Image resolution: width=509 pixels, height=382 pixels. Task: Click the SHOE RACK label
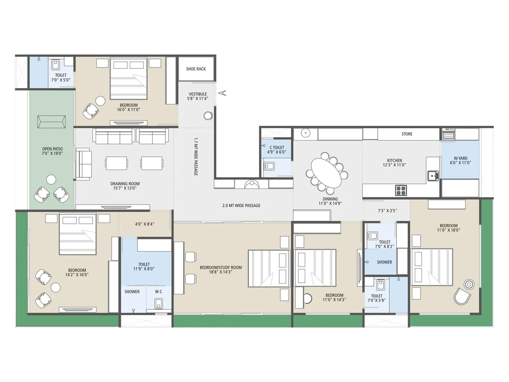point(196,69)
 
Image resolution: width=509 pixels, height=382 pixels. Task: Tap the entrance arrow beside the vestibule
point(222,93)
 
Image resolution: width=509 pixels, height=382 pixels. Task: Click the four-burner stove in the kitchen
point(401,190)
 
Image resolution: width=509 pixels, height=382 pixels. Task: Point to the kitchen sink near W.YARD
point(433,175)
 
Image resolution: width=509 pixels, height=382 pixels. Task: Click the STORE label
point(407,134)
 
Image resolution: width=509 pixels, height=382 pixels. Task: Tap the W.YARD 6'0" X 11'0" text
point(460,160)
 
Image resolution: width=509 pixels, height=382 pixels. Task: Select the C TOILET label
point(277,150)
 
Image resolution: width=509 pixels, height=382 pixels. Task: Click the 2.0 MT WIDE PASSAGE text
point(241,206)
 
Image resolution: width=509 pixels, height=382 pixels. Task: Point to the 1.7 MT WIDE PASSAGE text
point(196,157)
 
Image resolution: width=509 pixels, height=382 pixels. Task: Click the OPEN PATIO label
point(52,151)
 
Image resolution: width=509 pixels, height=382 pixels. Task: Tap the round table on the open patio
point(51,180)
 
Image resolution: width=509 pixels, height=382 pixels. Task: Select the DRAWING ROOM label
point(125,186)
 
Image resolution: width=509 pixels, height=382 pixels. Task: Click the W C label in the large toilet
point(158,292)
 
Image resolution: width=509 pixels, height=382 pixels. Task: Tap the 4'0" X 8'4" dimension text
point(144,224)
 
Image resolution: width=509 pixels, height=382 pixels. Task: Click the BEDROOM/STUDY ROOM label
point(220,270)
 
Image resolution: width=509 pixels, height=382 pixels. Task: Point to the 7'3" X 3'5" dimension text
point(387,211)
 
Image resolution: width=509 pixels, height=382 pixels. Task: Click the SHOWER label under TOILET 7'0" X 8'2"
point(384,262)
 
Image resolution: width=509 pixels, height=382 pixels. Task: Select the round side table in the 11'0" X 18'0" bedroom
point(469,284)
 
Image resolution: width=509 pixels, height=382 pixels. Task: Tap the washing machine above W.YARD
point(448,134)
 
